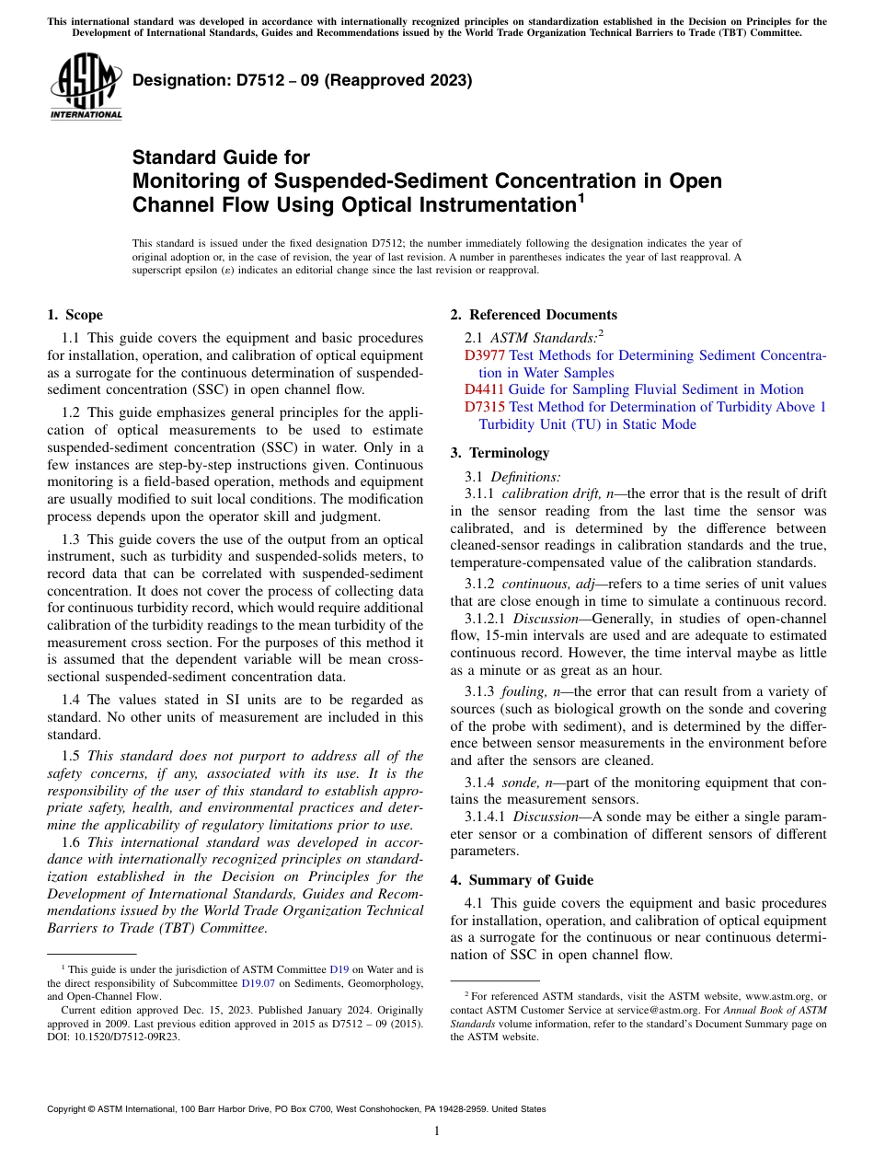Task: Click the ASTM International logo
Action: (x=86, y=87)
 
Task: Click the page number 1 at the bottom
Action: (x=437, y=1131)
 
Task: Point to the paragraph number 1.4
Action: (x=72, y=700)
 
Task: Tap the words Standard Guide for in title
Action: (x=221, y=157)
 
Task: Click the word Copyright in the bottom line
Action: (x=68, y=1109)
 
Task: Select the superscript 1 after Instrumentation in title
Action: (x=581, y=196)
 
